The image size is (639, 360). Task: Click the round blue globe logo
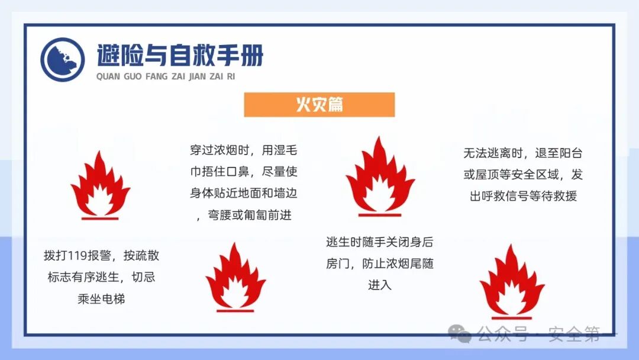[x=63, y=60]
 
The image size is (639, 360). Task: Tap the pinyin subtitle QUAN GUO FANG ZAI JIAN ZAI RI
[x=165, y=77]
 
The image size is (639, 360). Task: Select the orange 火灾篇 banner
[x=319, y=105]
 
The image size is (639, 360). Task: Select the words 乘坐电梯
[x=101, y=298]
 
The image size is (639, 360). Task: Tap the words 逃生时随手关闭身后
[x=379, y=242]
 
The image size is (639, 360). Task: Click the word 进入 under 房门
[x=379, y=285]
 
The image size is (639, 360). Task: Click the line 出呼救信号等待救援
[x=523, y=196]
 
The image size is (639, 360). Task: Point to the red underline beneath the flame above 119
[x=100, y=218]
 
